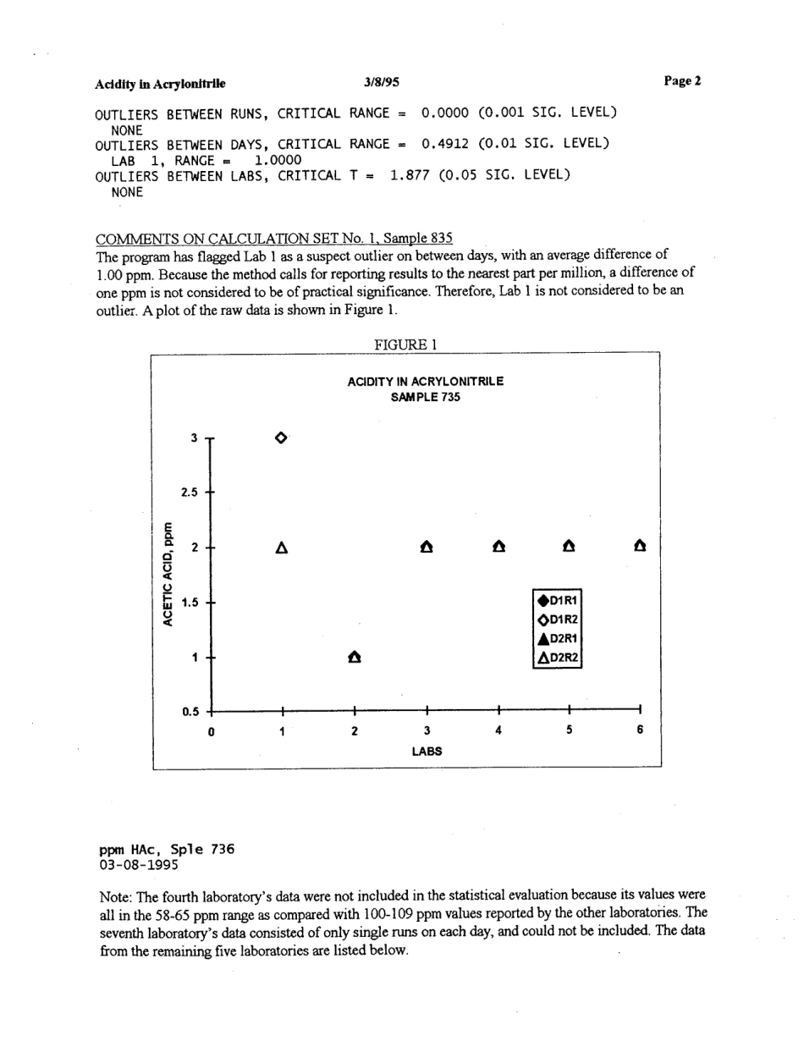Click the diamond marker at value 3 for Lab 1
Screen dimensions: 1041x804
click(x=282, y=438)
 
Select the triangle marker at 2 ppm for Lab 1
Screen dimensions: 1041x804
click(x=282, y=548)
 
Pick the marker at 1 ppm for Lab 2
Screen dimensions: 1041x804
click(x=355, y=657)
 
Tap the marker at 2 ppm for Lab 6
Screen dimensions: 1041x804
click(x=641, y=547)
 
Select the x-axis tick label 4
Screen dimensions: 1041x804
click(x=499, y=730)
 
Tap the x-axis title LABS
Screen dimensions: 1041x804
click(x=427, y=750)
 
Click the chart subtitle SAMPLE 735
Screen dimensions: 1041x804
click(x=426, y=396)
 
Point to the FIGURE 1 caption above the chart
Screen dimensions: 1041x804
click(x=405, y=344)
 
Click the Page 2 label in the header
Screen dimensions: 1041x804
click(x=682, y=81)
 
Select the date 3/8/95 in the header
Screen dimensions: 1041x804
click(x=382, y=82)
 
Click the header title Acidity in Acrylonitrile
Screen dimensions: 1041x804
click(x=160, y=84)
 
